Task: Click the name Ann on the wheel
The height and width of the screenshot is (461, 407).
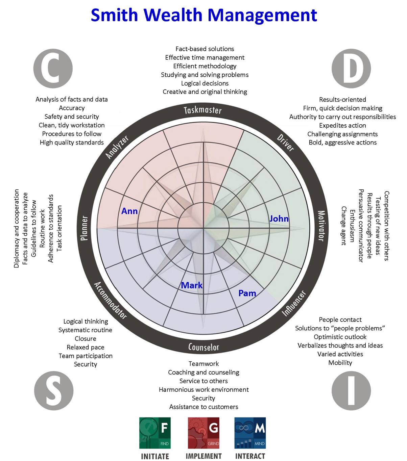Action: pos(129,211)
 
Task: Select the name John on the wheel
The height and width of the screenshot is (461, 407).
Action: pos(279,219)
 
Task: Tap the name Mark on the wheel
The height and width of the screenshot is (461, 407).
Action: pos(192,285)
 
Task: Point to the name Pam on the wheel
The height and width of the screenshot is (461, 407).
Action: pos(247,293)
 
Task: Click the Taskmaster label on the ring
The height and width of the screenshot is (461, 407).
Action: pos(203,110)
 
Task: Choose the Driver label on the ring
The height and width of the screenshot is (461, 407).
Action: pos(286,143)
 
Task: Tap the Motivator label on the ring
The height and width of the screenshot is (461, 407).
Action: pos(321,226)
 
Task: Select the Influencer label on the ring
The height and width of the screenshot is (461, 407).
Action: pos(294,303)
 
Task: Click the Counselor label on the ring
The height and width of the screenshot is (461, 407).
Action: pos(203,347)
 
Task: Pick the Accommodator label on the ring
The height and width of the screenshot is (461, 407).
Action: pos(110,300)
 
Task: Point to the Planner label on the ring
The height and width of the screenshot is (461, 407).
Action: pos(85,228)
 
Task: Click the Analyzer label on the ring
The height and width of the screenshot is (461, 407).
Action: pos(117,147)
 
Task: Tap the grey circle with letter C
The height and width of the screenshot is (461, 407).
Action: pos(53,69)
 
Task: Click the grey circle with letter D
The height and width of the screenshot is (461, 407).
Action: pos(351,69)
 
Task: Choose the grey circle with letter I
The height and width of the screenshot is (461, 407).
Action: pos(351,391)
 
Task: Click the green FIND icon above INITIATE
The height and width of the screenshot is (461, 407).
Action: pos(155,433)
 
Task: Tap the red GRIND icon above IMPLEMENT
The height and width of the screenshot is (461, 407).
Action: pos(203,433)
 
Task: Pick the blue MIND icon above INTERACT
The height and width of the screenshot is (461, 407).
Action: pos(250,433)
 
